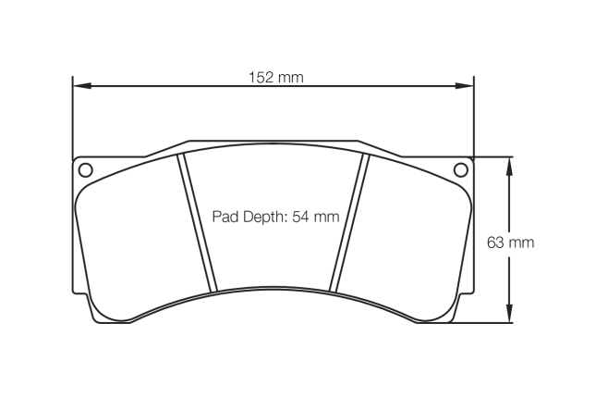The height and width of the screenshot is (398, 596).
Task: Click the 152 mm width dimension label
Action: pos(275,78)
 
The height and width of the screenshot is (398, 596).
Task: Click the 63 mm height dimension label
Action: pos(510,243)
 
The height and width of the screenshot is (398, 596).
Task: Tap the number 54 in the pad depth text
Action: pos(301,218)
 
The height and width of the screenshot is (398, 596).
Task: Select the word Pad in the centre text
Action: pos(225,218)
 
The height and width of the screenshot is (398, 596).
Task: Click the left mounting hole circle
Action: pos(85,169)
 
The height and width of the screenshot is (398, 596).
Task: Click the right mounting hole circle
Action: pos(461,169)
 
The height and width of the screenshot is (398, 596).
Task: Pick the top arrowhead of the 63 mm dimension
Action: pos(507,164)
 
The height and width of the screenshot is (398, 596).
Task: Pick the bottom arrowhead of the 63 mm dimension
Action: pos(507,317)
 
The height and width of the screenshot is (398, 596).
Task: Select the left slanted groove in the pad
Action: pos(198,222)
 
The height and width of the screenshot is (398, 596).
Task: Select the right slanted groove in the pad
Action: pos(349,222)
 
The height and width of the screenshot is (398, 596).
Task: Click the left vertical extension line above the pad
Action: pos(73,120)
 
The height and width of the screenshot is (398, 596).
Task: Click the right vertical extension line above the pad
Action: pos(474,120)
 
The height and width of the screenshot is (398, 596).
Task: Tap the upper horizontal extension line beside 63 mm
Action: pos(494,156)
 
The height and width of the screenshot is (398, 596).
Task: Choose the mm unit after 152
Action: pos(291,78)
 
